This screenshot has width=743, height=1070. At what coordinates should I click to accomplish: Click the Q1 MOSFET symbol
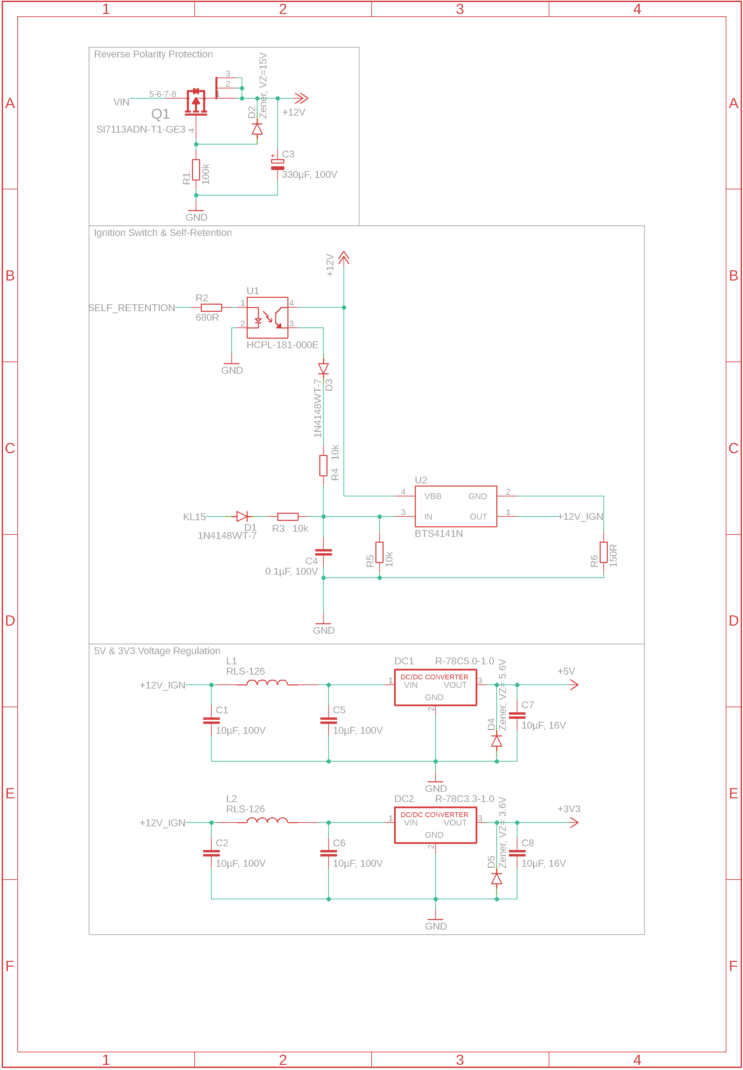tap(196, 102)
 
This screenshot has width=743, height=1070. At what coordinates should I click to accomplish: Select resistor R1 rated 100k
tap(196, 170)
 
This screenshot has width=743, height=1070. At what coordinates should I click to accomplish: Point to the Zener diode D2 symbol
tap(257, 129)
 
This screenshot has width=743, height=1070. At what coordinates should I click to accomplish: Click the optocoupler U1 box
tap(267, 318)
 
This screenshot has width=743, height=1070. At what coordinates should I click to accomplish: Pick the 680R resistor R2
tap(211, 307)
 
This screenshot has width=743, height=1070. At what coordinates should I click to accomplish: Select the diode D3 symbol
tap(323, 369)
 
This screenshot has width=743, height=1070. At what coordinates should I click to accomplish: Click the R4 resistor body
tap(323, 465)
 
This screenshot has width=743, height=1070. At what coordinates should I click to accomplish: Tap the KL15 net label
tap(194, 516)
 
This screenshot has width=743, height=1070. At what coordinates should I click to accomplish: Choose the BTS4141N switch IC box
tap(456, 506)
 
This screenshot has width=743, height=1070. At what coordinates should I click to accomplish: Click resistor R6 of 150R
tap(603, 553)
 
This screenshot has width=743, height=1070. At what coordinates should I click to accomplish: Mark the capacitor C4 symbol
tap(323, 553)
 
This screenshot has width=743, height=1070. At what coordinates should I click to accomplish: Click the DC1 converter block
tap(435, 687)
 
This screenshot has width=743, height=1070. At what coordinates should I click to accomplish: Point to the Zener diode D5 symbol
tap(497, 879)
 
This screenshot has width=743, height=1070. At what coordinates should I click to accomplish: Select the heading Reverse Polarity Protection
tap(153, 54)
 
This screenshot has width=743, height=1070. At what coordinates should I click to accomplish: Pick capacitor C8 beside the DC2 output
tap(517, 853)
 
